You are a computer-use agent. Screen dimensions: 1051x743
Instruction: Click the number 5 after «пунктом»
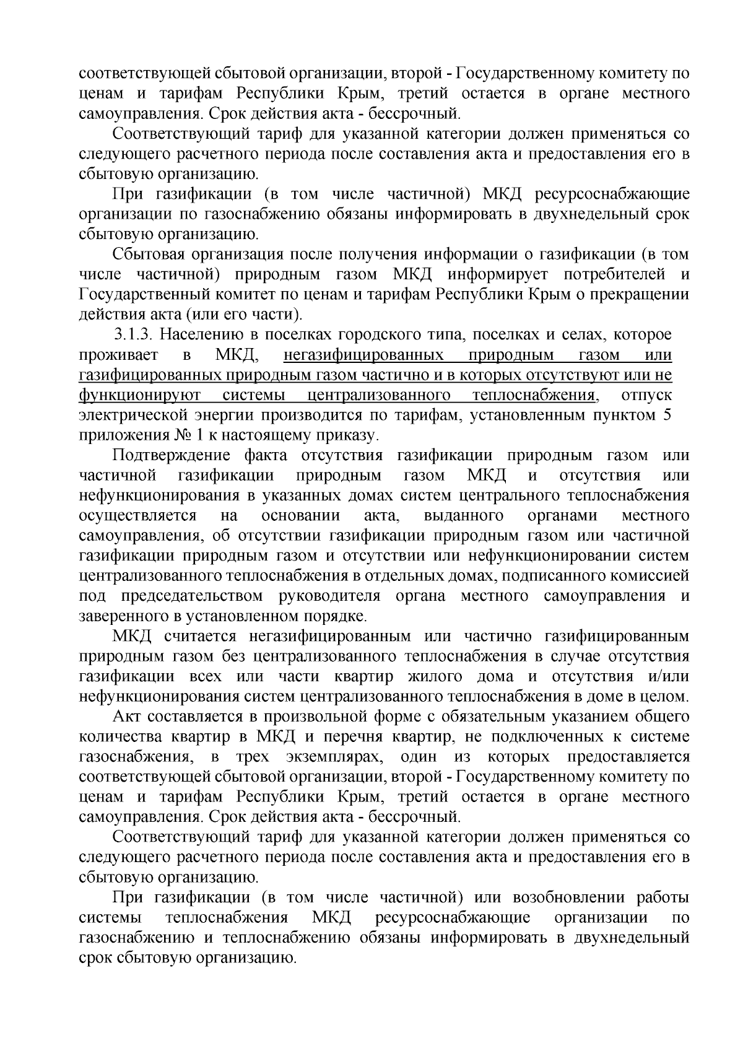pyautogui.click(x=667, y=415)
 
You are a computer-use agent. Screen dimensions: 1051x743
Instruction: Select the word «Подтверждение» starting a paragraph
pyautogui.click(x=173, y=456)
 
